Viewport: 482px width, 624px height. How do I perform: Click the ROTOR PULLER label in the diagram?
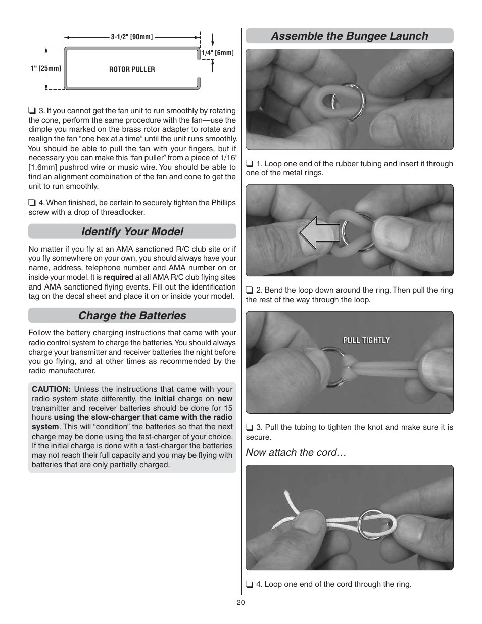[132, 69]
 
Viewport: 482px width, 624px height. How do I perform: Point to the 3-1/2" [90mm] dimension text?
[132, 37]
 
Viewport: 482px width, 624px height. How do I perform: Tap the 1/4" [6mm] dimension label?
[218, 53]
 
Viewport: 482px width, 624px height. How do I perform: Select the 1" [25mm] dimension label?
[46, 68]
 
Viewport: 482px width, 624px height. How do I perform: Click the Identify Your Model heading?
[132, 231]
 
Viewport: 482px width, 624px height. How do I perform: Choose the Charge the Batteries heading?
[132, 315]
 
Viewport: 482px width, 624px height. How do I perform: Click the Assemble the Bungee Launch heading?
[349, 36]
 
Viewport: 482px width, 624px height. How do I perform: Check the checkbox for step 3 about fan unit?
[32, 111]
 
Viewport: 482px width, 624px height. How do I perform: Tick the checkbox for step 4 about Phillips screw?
[32, 203]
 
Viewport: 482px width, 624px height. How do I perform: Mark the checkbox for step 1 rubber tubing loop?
[249, 164]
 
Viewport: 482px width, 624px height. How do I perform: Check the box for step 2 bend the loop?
[249, 290]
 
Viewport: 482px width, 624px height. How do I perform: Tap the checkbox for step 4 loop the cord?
[249, 584]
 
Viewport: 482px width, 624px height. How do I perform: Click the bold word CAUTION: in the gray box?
[51, 389]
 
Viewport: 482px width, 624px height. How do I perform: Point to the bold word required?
[118, 277]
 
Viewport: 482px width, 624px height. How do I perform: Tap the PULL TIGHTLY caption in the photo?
[366, 340]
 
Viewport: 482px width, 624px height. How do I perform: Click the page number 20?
[240, 603]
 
